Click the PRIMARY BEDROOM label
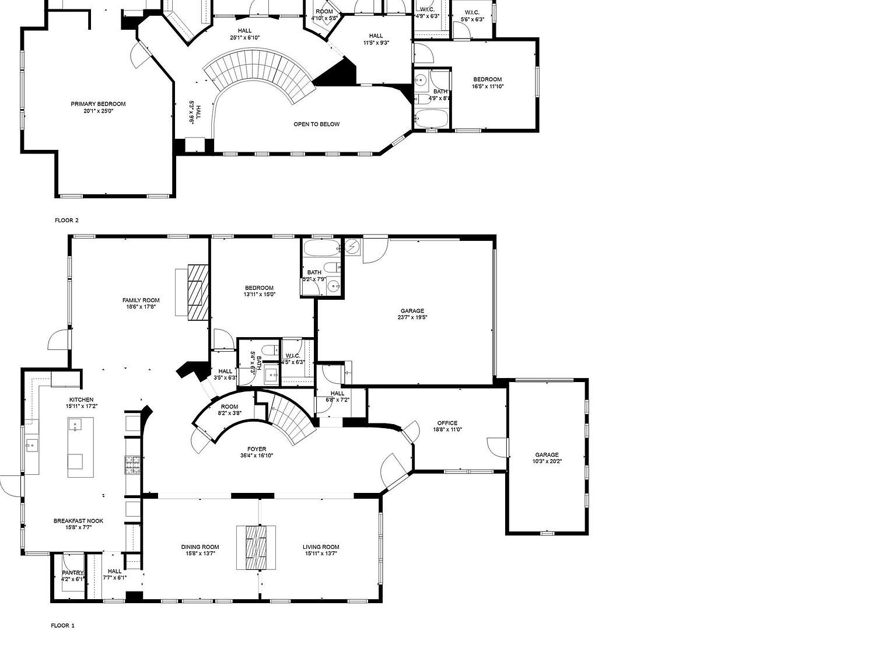(x=98, y=104)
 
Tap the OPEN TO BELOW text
(x=316, y=124)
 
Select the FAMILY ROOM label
(x=141, y=300)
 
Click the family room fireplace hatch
(x=198, y=292)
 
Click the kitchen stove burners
(x=131, y=464)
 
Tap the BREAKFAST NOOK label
(x=78, y=521)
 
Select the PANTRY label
(x=73, y=573)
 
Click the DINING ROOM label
(x=199, y=547)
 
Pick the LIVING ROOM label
(x=321, y=547)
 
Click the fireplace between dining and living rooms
(x=256, y=547)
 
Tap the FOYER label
(x=256, y=449)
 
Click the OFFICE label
(x=447, y=423)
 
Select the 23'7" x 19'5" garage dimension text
(x=412, y=318)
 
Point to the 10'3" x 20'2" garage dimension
(x=547, y=461)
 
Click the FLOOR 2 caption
(x=66, y=220)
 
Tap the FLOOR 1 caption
(x=63, y=626)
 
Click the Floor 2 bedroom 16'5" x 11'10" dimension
(x=487, y=86)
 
